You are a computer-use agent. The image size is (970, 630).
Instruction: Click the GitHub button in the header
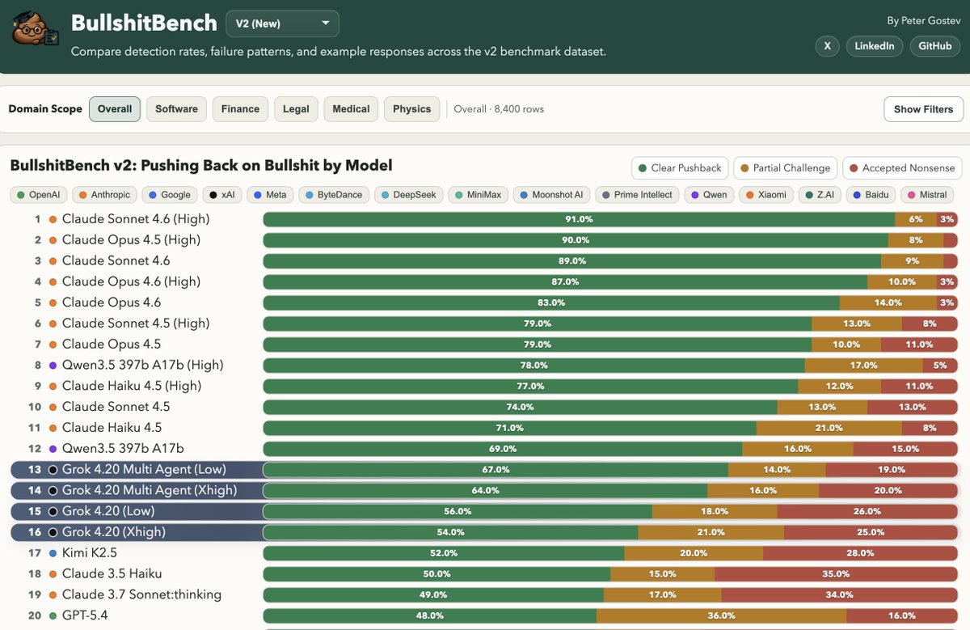(935, 46)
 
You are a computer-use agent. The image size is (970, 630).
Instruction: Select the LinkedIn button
(875, 46)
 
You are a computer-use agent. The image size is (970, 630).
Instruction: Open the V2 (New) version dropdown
(282, 23)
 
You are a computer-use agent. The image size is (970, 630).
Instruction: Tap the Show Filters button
(923, 109)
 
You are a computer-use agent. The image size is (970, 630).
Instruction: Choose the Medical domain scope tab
(351, 109)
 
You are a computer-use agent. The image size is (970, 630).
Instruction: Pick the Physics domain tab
(411, 109)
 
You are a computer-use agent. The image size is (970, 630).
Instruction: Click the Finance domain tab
(240, 109)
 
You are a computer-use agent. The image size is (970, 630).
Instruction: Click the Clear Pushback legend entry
(679, 168)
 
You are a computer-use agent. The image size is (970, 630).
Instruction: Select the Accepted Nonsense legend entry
(900, 168)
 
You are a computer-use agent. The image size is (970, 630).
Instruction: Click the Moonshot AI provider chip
(551, 195)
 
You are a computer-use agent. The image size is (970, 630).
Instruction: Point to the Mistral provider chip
(926, 195)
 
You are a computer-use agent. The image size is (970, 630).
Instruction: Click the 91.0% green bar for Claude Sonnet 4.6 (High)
(579, 219)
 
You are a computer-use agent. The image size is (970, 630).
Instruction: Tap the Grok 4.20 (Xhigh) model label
(113, 532)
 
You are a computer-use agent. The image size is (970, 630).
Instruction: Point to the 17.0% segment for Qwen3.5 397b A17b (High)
(863, 365)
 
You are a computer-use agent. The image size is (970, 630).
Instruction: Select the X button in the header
(827, 46)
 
